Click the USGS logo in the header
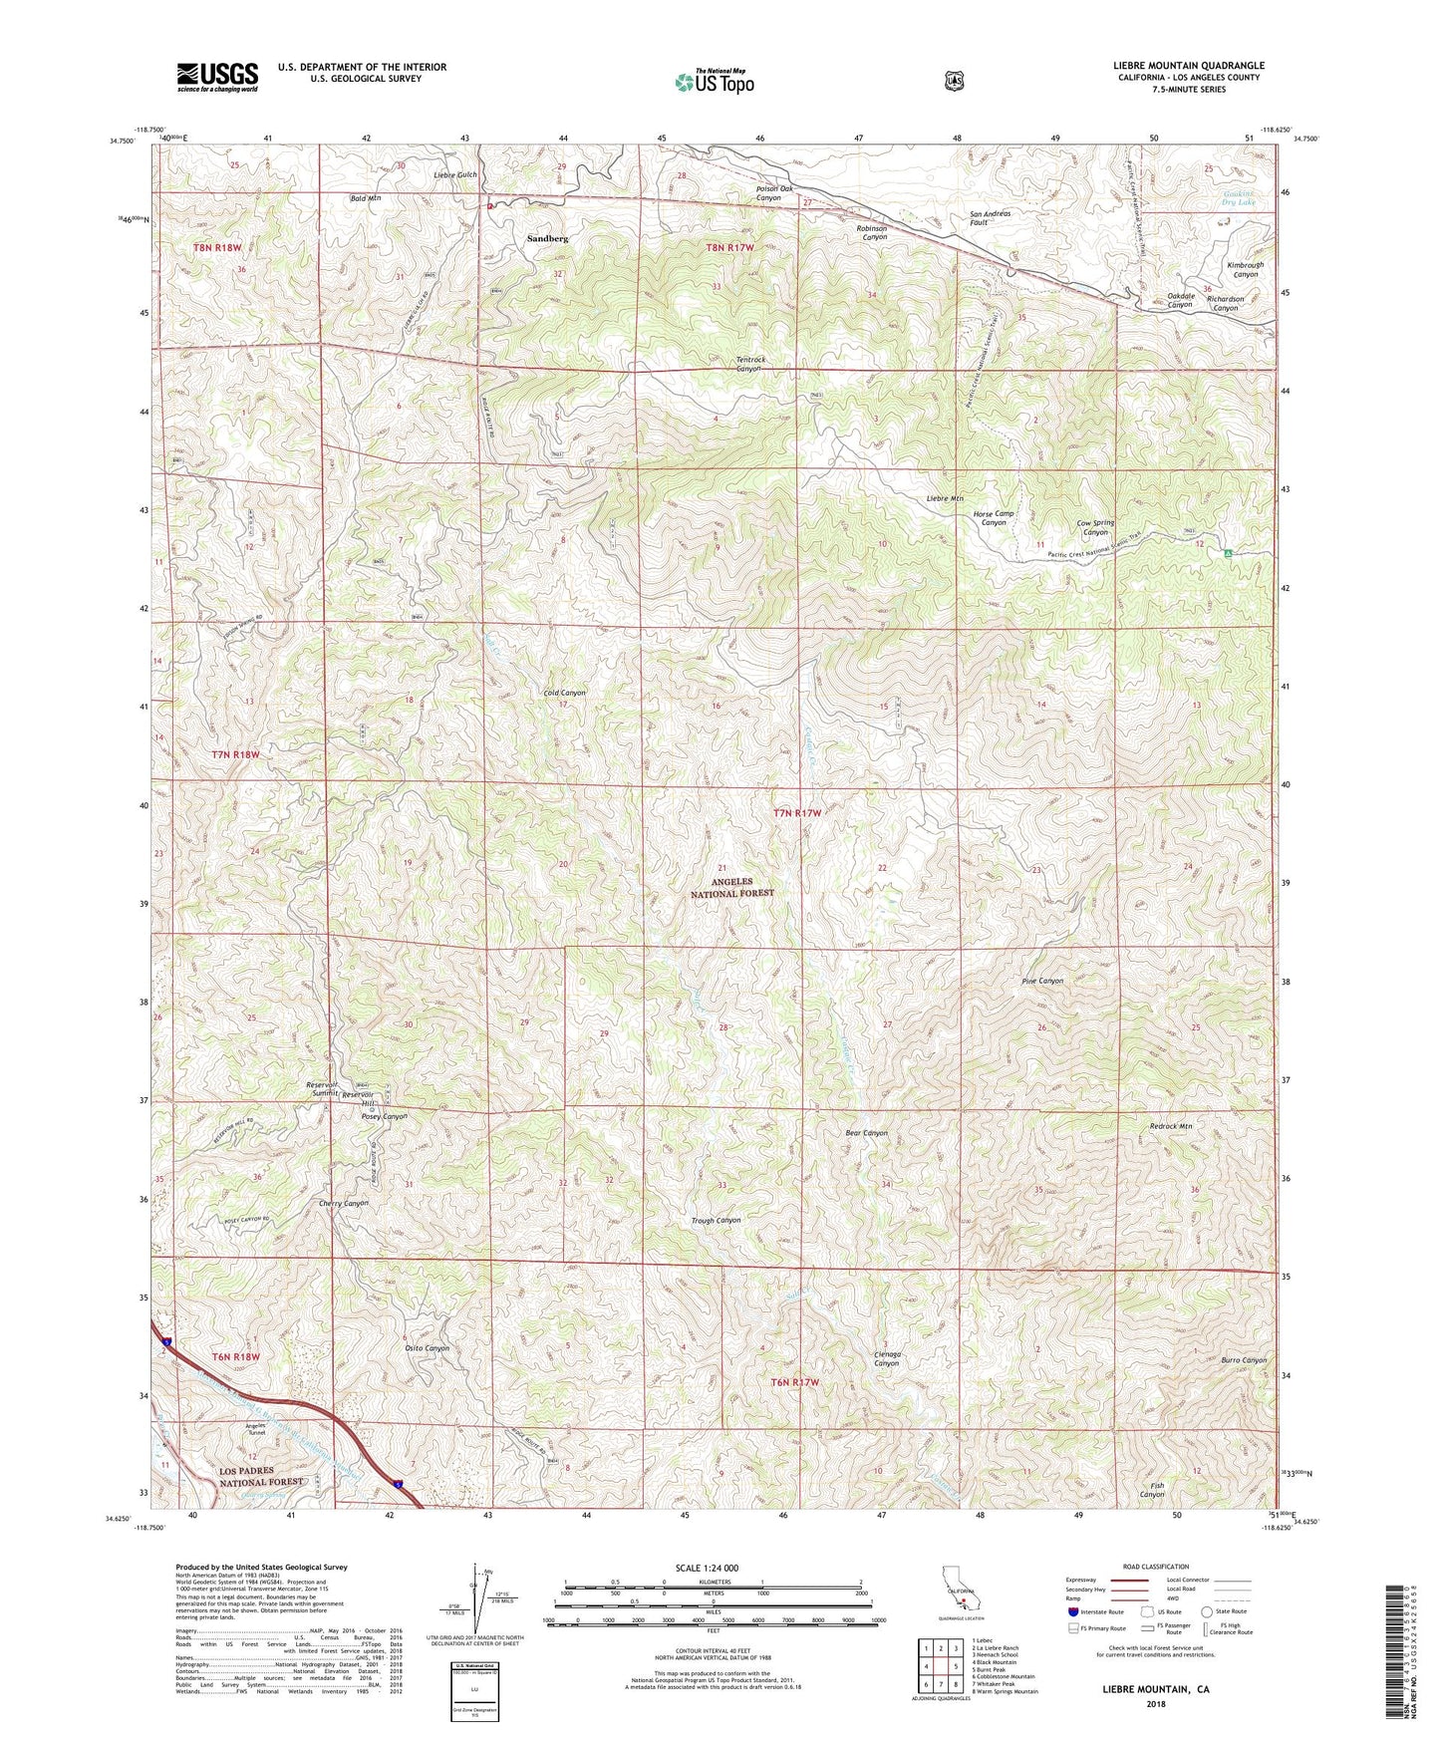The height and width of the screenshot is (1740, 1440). [x=217, y=77]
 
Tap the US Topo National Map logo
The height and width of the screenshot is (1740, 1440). [x=713, y=82]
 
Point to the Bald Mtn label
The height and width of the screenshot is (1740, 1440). [x=366, y=198]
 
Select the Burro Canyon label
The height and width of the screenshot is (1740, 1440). [x=1243, y=1360]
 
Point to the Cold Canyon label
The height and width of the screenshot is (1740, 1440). [x=564, y=692]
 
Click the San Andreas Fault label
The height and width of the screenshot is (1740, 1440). [x=990, y=219]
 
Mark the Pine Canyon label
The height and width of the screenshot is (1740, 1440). [x=1042, y=981]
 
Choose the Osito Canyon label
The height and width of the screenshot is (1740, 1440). [x=426, y=1348]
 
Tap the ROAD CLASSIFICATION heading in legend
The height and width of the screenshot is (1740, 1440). [x=1155, y=1567]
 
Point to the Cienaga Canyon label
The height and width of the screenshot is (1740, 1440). [x=886, y=1359]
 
